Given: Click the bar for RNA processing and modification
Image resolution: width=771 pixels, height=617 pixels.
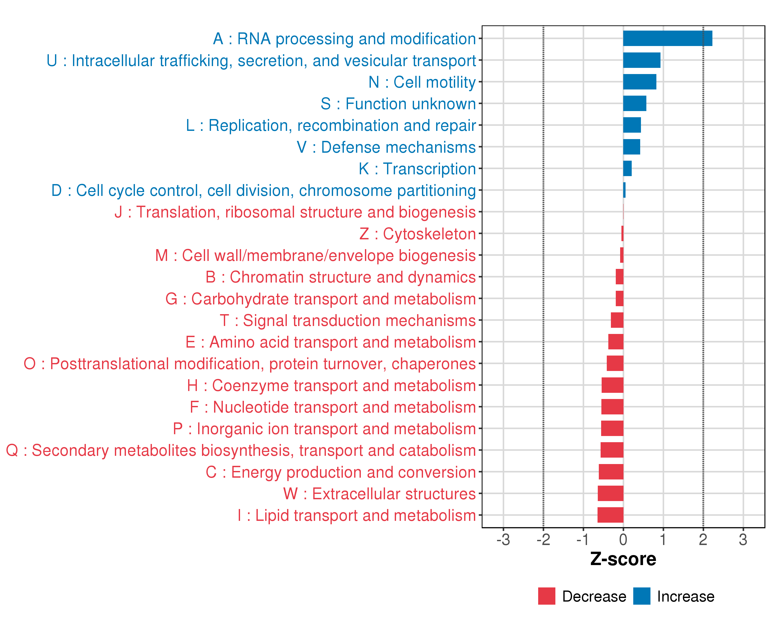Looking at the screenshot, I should coord(667,38).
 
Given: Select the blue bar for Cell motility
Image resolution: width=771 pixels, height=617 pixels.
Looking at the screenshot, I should coord(639,82).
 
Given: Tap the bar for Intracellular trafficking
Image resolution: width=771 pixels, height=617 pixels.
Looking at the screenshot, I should coord(641,60).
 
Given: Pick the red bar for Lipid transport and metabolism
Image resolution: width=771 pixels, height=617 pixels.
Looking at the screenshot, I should coord(610,515).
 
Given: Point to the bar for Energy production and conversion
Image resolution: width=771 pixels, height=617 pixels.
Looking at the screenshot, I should coord(611,472).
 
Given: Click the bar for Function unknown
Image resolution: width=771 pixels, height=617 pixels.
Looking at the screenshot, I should coord(634,103).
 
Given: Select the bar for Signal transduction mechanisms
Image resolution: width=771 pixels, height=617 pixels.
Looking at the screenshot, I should coord(617,320).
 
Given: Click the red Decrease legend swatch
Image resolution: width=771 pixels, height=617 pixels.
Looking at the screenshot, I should coord(546,596).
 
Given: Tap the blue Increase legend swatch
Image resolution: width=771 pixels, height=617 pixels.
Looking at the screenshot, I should coord(641,596).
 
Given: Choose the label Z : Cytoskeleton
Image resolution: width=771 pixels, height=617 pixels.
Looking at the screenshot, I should coord(417,234).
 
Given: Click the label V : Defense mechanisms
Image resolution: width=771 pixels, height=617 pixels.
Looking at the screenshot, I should coord(386,147).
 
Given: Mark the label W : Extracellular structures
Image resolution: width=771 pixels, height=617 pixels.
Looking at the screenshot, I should coord(379,494).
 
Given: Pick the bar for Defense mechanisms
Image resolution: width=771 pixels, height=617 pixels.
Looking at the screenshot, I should coord(631,147).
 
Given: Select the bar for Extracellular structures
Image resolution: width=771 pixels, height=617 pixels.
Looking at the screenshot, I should coord(610,493).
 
